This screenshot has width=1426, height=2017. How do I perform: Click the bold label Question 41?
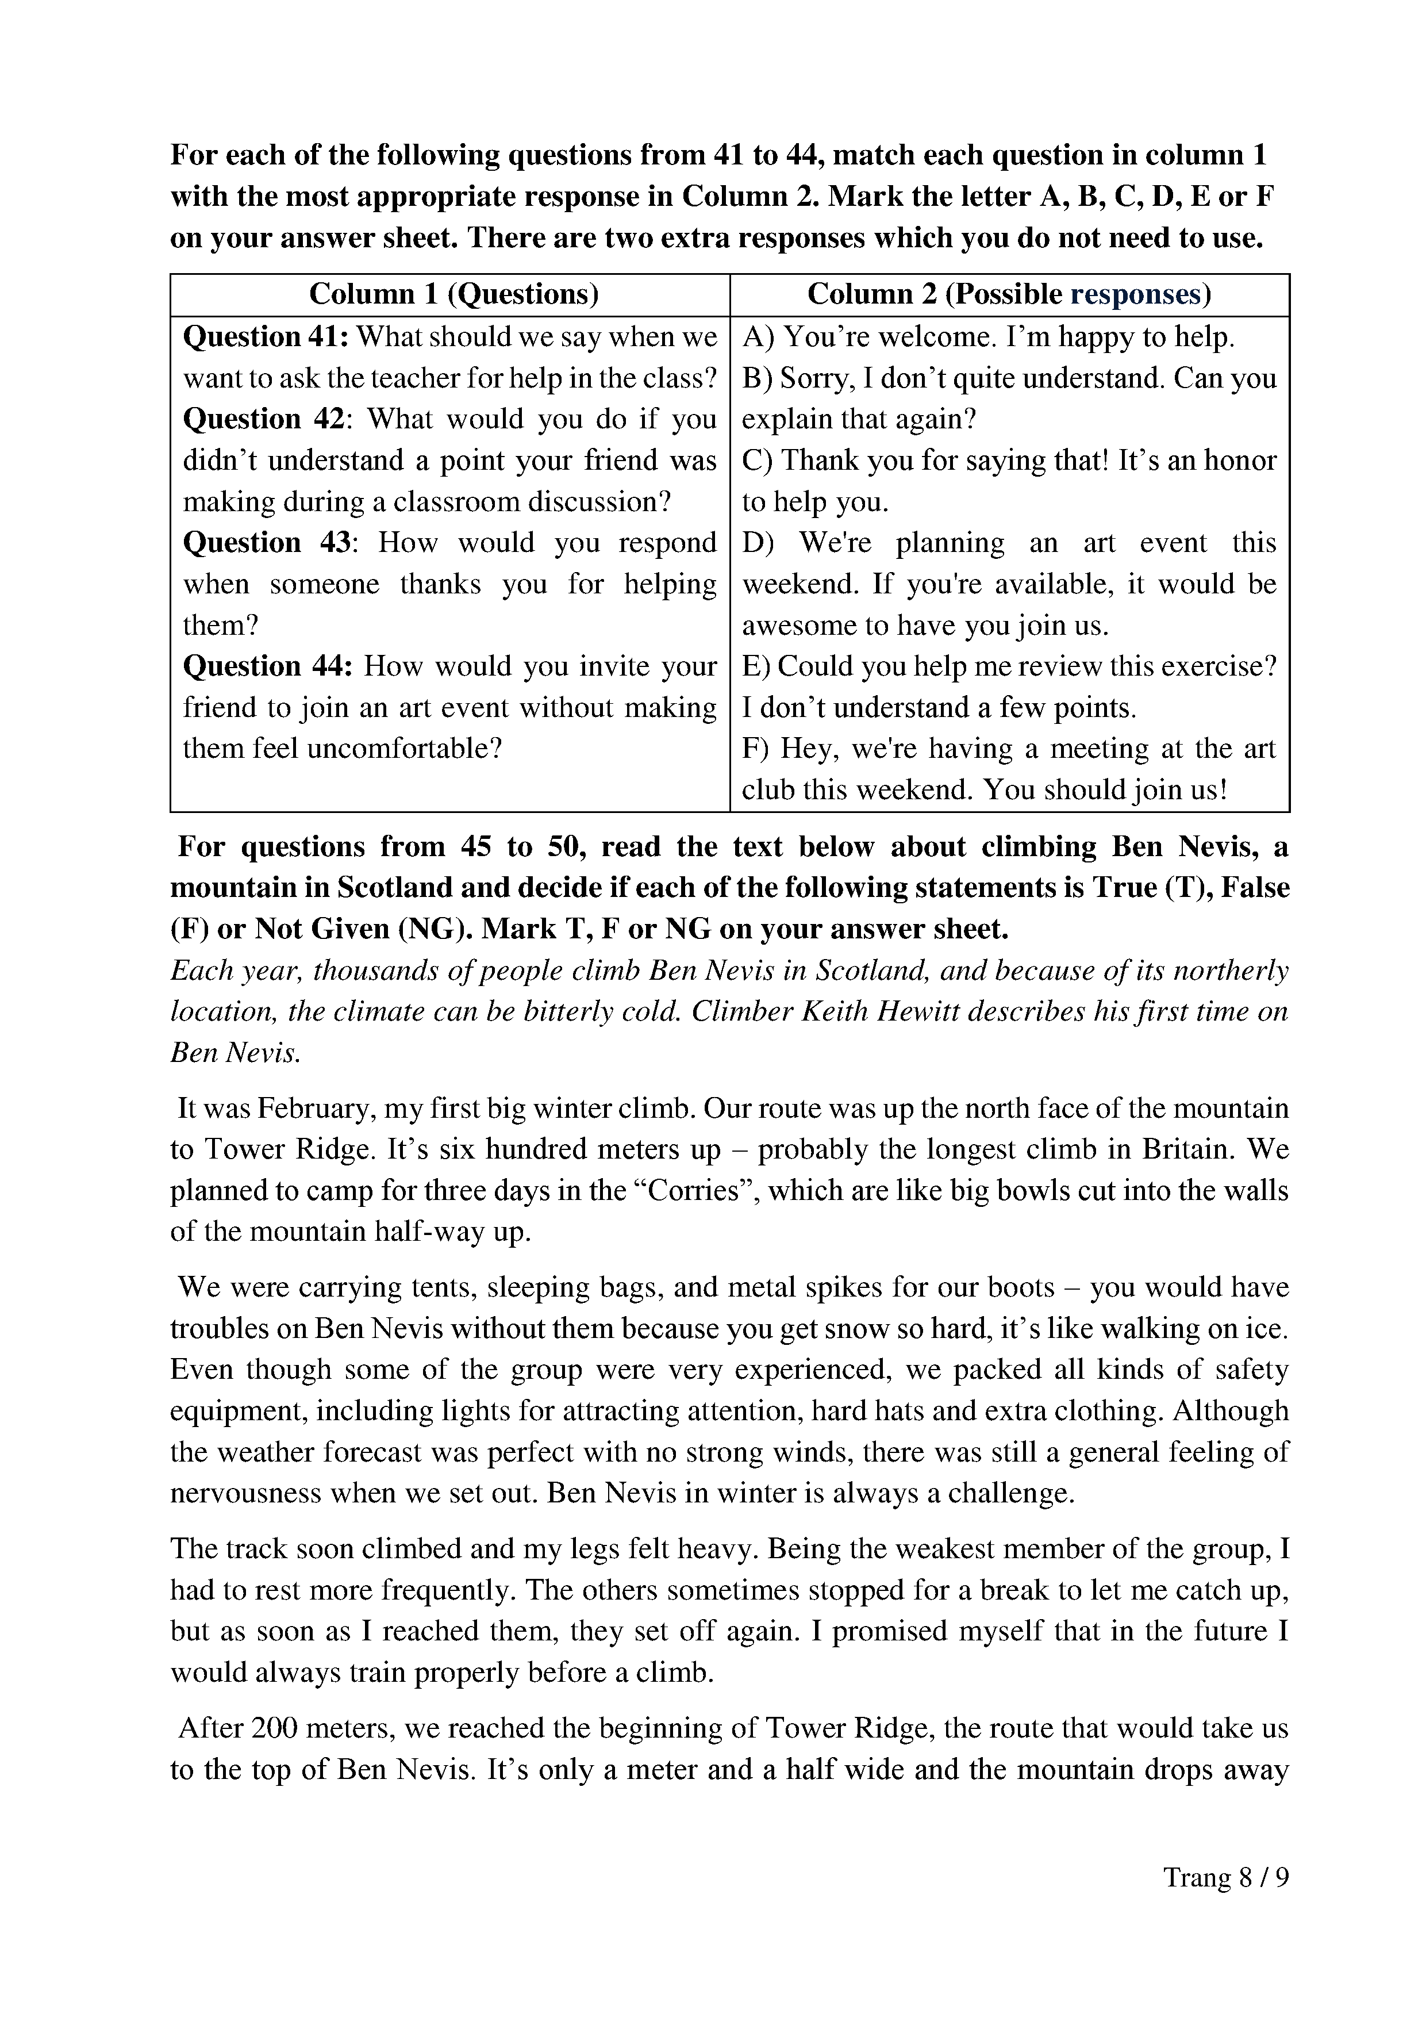tap(265, 336)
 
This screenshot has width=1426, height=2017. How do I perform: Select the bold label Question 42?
tap(263, 419)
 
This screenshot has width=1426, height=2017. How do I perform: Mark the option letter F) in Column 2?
tap(756, 749)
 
